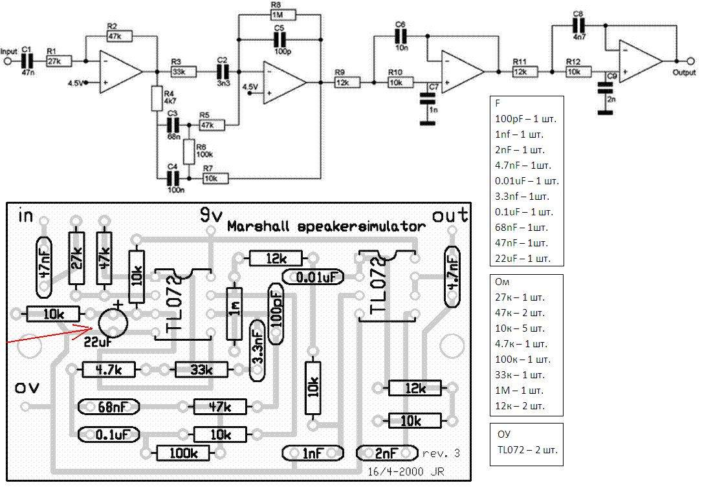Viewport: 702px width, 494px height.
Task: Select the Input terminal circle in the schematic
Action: [6, 61]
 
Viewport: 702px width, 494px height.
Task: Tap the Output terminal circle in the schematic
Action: [690, 61]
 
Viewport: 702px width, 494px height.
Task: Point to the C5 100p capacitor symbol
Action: [280, 40]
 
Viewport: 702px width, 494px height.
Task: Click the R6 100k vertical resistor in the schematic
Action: [189, 152]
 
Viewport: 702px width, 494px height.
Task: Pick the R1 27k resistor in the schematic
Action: [59, 61]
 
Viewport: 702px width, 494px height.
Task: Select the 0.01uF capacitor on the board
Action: [313, 277]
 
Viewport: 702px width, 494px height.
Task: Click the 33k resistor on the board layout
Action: [201, 370]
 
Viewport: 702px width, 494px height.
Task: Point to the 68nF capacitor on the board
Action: [109, 407]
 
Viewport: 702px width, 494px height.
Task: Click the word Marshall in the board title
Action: [258, 226]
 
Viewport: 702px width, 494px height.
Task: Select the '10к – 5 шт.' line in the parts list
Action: [520, 328]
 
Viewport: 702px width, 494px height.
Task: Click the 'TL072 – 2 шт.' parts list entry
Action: [528, 449]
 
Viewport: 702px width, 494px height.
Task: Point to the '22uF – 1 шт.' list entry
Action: [523, 259]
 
